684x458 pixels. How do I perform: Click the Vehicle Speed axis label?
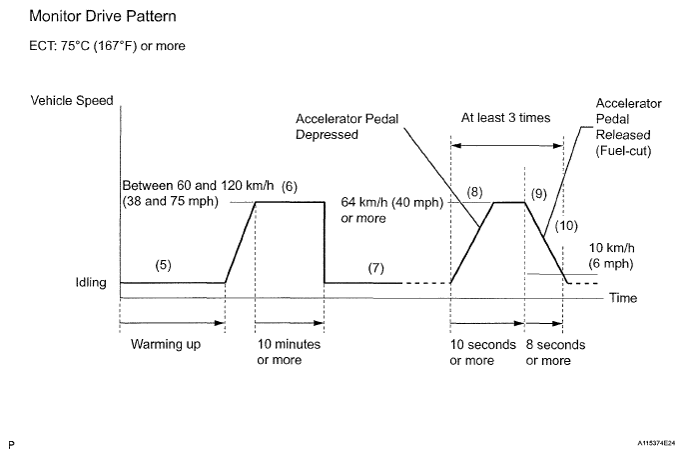(72, 100)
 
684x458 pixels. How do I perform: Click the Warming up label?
(166, 345)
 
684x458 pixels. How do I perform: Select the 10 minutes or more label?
(289, 352)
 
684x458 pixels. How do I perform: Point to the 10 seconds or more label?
(483, 352)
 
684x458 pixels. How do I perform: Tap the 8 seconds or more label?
(555, 352)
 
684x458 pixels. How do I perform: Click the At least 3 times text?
(505, 117)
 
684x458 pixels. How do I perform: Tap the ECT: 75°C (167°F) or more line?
(107, 46)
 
